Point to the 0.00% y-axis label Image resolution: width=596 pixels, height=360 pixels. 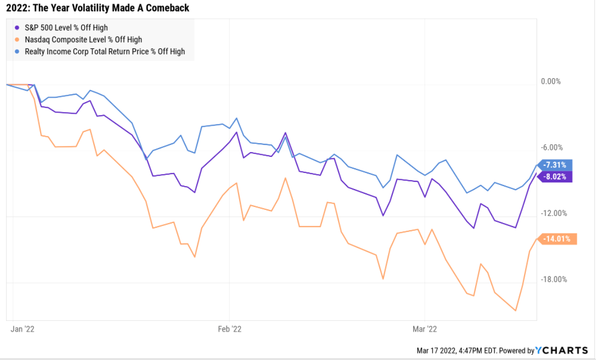[551, 81]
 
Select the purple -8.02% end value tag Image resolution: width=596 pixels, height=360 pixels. [555, 177]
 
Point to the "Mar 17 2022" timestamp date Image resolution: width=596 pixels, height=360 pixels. [437, 351]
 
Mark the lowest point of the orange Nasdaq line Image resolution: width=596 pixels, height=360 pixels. [516, 311]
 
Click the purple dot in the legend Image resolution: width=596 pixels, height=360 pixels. [18, 28]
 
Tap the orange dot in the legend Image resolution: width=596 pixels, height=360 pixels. [18, 40]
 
